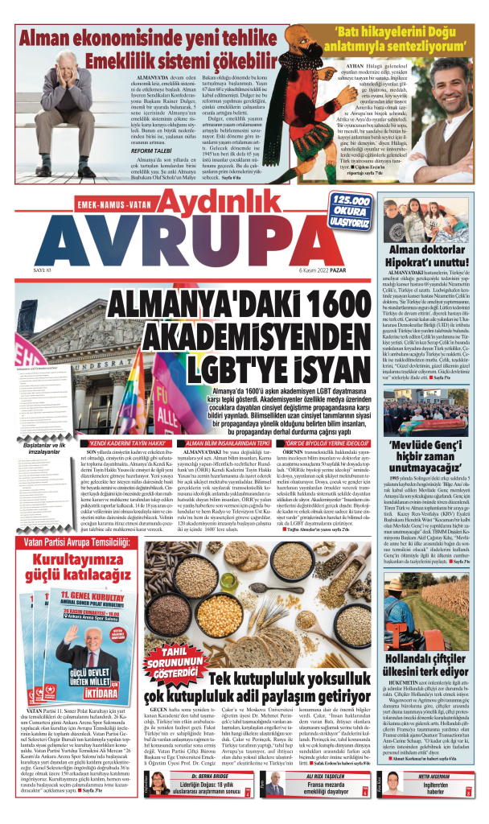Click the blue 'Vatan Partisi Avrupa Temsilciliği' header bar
[69, 520]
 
